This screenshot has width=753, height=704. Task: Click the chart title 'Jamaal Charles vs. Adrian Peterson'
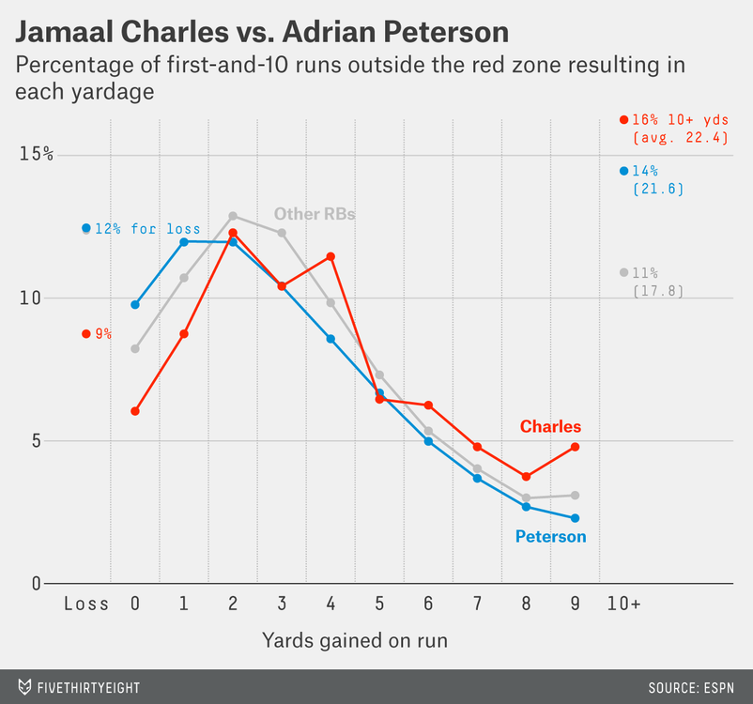262,33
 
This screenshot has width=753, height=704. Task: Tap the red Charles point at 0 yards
135,411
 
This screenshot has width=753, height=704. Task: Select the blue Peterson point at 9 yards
575,518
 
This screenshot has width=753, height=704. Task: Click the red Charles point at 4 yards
330,256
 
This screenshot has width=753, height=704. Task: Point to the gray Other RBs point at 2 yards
233,216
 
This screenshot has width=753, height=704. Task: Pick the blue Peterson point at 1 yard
184,242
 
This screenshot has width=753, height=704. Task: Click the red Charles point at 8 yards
526,477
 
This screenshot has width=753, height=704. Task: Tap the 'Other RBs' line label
315,214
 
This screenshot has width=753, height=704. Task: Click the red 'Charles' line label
550,427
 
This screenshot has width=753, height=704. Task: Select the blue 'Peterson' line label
550,537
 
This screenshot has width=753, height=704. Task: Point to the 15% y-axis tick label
36,154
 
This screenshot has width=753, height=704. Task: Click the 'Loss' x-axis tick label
86,604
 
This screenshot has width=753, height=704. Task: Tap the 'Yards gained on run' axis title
354,641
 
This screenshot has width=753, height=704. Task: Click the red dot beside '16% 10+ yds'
623,119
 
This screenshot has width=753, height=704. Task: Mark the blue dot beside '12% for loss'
86,228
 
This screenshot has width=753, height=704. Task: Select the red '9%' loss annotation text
102,333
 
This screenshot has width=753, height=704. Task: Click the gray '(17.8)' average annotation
657,291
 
